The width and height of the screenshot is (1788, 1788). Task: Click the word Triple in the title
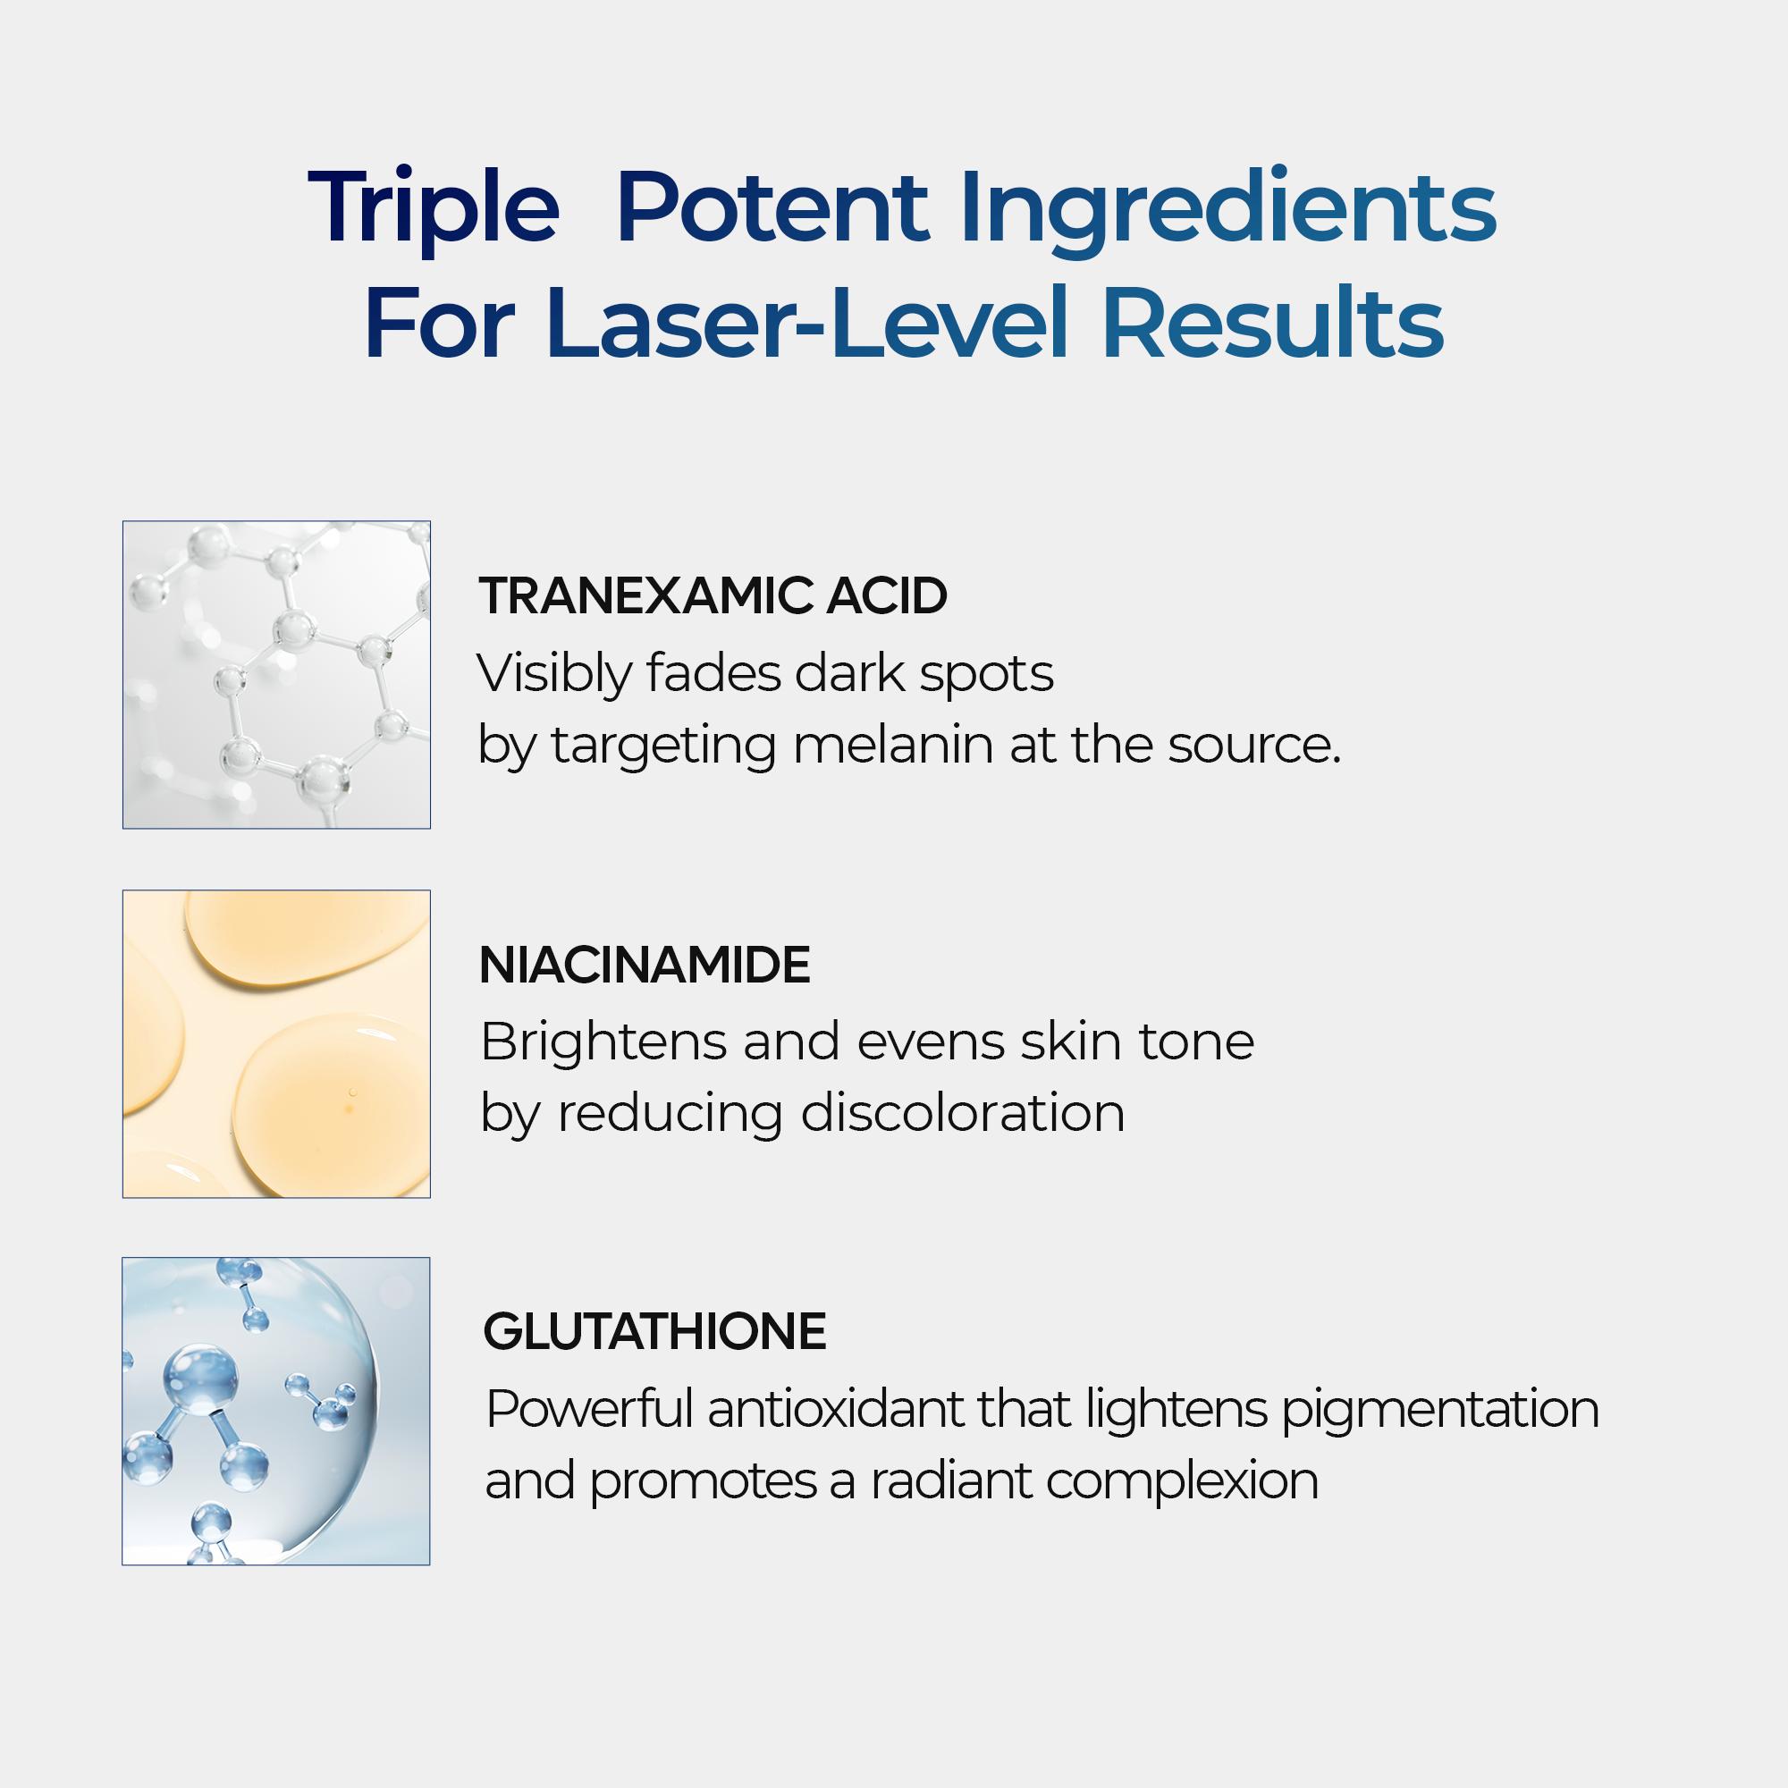tap(433, 208)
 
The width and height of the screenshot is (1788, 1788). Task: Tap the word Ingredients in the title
tap(1228, 208)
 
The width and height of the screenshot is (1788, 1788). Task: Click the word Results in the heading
tap(1272, 325)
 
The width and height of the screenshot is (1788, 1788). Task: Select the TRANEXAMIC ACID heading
tap(713, 595)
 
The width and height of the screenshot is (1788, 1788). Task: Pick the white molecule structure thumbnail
tap(275, 675)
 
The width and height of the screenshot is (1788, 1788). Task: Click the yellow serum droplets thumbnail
tap(275, 1044)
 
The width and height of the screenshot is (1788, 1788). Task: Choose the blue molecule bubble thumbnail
tap(275, 1412)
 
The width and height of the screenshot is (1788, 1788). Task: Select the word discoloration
tap(963, 1112)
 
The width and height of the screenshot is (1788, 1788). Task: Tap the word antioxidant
tap(837, 1410)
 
